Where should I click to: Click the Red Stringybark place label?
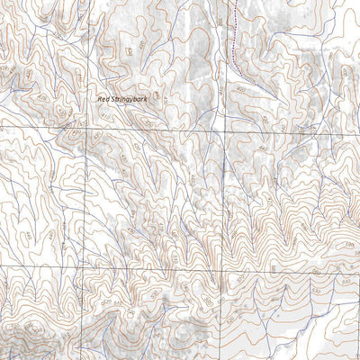122,103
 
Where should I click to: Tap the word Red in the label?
104,103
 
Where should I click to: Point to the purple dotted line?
230,36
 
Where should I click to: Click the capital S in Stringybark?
112,103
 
